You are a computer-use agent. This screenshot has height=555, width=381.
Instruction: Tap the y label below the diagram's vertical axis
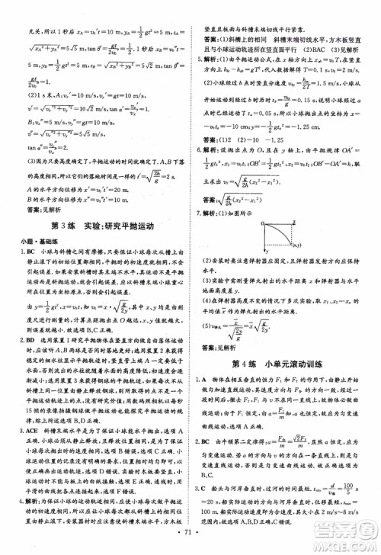268,252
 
